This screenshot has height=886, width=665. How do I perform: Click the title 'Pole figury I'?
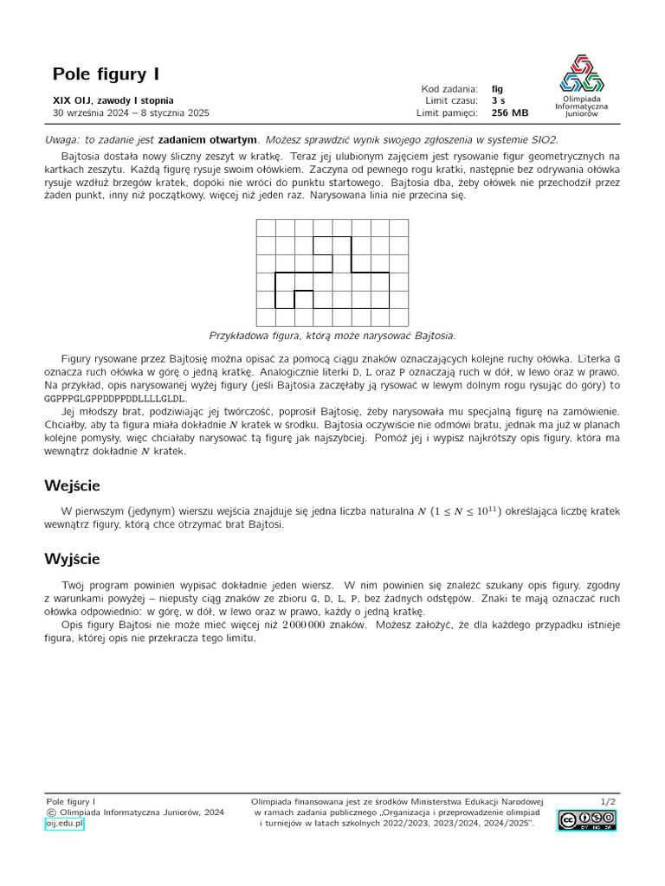(106, 74)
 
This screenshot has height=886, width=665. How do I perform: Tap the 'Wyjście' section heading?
(73, 559)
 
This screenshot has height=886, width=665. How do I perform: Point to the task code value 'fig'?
(497, 88)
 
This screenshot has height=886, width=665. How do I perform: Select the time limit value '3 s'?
(498, 100)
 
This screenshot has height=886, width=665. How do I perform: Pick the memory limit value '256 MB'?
(509, 112)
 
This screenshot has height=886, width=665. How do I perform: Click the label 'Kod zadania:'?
(449, 88)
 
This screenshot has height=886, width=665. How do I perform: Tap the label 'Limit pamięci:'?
(447, 112)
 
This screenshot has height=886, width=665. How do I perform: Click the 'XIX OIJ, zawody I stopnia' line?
(113, 100)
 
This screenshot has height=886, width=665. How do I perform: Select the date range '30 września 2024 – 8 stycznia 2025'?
(131, 112)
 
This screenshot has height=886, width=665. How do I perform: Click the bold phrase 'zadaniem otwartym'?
(208, 139)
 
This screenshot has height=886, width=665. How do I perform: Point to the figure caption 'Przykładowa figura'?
(332, 336)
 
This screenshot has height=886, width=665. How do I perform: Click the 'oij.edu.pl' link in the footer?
(64, 825)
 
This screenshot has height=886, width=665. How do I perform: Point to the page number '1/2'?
(608, 802)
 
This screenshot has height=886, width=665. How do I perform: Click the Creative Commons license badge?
(586, 821)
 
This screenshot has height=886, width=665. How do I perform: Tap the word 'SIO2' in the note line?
(545, 139)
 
